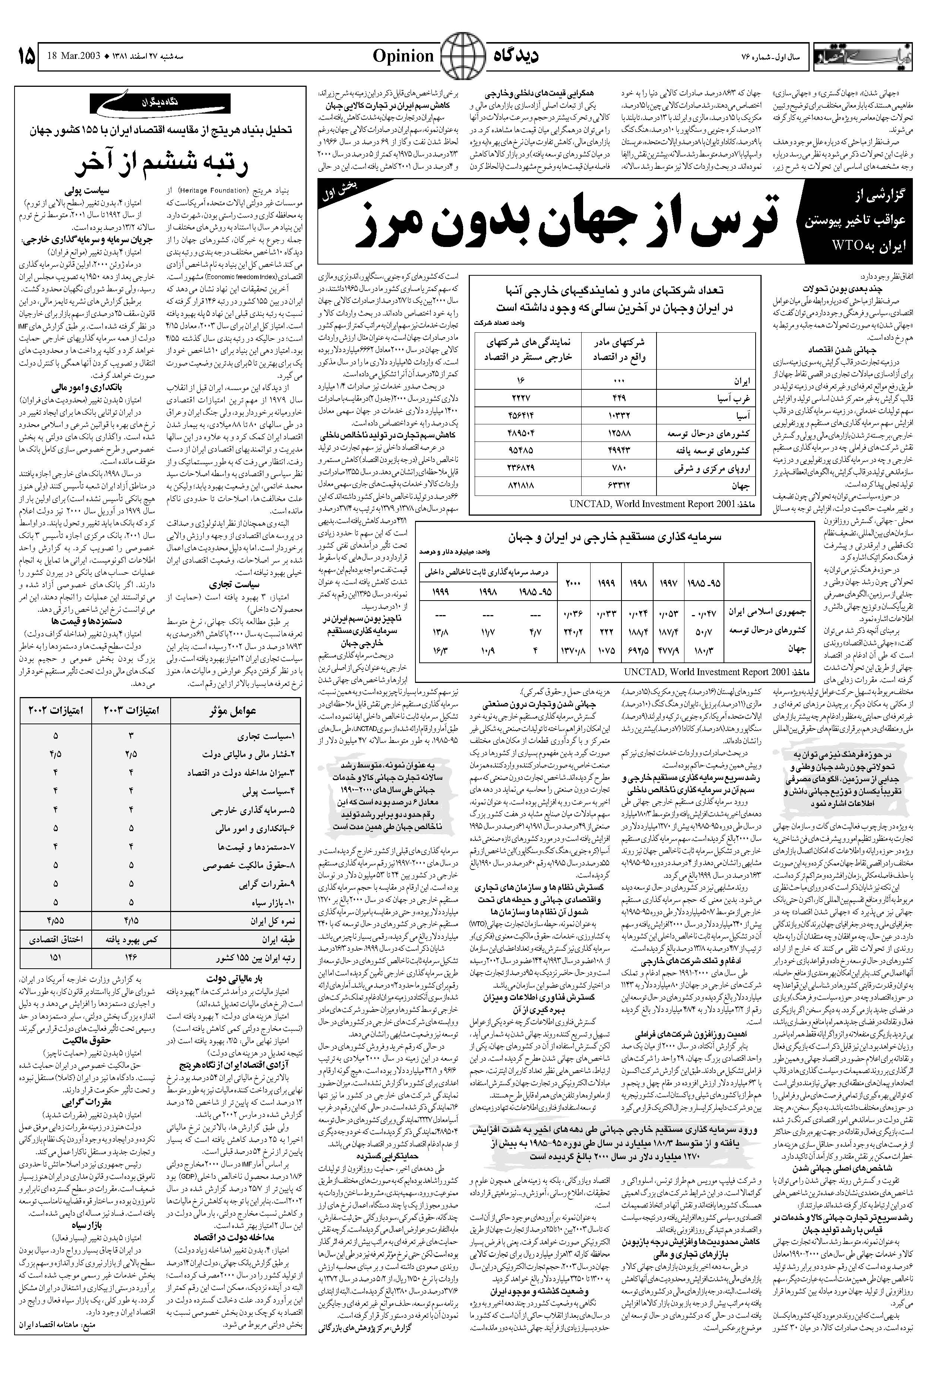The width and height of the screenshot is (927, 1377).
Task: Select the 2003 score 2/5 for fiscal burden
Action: coord(131,755)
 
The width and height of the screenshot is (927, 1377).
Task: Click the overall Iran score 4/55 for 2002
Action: coord(56,921)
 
